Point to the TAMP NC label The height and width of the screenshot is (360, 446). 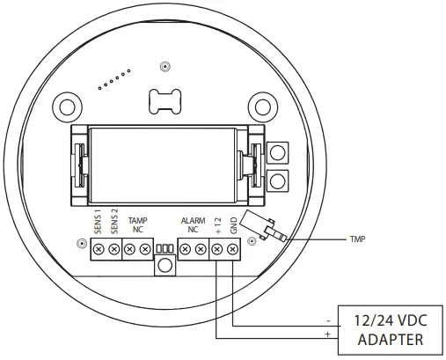click(x=137, y=224)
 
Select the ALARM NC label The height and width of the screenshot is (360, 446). click(x=193, y=224)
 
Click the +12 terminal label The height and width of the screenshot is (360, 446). click(x=218, y=225)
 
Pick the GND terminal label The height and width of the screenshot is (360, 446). click(x=234, y=225)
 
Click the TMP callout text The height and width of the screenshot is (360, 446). click(x=357, y=239)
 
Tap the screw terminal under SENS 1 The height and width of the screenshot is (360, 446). click(x=99, y=250)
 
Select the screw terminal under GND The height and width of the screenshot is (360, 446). click(x=232, y=250)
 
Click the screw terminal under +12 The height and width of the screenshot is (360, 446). click(x=216, y=250)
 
